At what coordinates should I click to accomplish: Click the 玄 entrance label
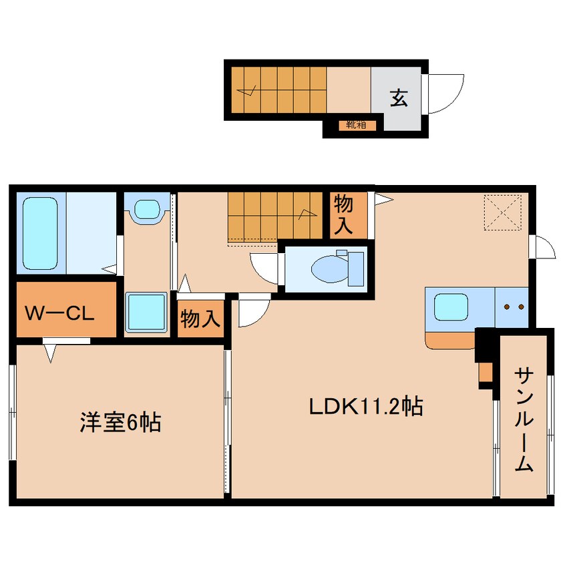[x=399, y=98]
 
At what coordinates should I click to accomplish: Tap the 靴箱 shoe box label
[x=356, y=125]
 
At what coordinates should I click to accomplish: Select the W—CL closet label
[x=60, y=313]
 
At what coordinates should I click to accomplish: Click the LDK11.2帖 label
[x=366, y=407]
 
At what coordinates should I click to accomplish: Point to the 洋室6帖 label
[x=120, y=422]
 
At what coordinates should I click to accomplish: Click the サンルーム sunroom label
[x=524, y=420]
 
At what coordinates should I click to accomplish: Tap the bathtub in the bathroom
[x=40, y=233]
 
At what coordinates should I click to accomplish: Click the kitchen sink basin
[x=451, y=307]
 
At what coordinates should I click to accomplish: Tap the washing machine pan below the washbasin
[x=146, y=312]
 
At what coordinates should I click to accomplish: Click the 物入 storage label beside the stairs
[x=343, y=215]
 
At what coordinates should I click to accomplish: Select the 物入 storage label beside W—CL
[x=200, y=319]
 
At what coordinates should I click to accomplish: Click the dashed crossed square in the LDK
[x=503, y=212]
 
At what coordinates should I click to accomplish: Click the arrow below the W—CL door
[x=50, y=353]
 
